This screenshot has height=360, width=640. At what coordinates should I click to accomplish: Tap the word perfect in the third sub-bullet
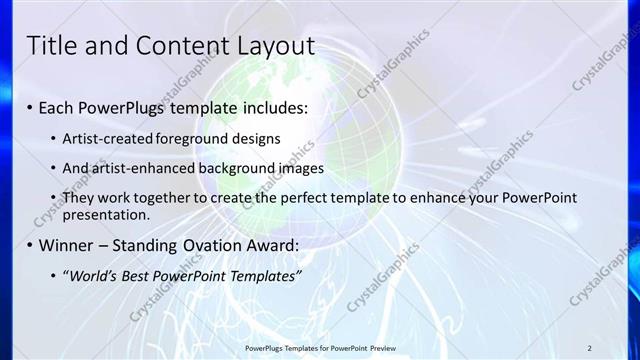pos(301,198)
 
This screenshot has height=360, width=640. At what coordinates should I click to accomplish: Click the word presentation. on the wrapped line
pos(109,214)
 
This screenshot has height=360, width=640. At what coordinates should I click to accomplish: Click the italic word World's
pos(91,275)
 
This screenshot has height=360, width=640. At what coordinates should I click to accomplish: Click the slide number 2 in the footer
pos(589,347)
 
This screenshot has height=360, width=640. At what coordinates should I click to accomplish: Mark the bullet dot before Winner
pos(30,245)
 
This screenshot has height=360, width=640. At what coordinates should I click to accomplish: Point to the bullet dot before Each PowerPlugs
pos(30,107)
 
